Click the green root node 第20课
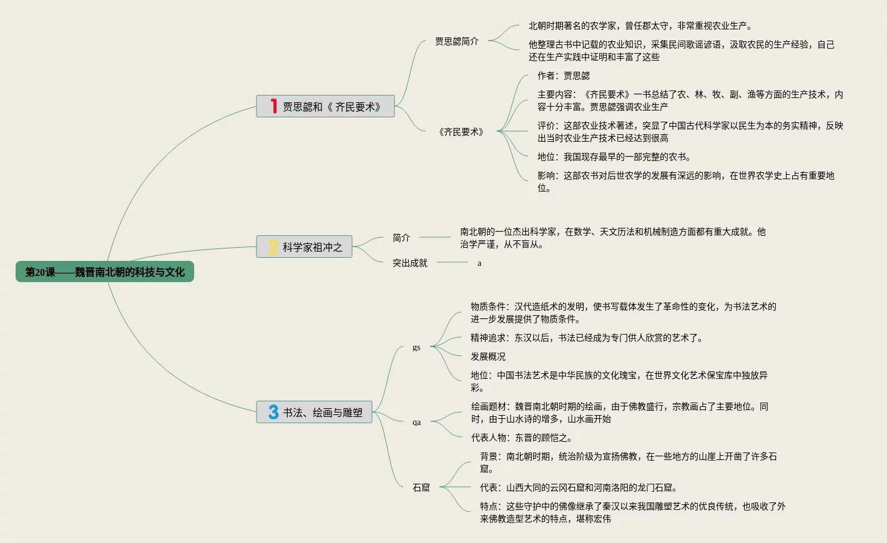coord(104,272)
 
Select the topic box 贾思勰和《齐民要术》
coord(325,107)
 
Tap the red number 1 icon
coord(273,106)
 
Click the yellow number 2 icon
coord(273,247)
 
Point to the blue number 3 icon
coord(273,412)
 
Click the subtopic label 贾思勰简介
coord(457,41)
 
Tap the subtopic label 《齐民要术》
coord(461,132)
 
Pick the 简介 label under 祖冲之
coord(401,238)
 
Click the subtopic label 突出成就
coord(410,263)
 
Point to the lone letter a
coord(479,263)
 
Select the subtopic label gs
coord(416,348)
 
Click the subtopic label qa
coord(416,423)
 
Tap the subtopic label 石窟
coord(421,487)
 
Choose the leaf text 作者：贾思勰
coord(564,76)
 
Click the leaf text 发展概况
coord(488,356)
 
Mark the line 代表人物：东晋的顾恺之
coord(522,438)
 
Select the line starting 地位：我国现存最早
coord(614,157)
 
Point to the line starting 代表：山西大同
coord(579,487)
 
